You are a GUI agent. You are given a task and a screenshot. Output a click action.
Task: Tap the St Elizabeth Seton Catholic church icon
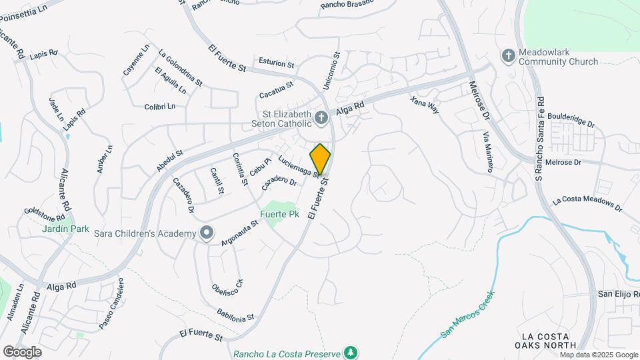click(x=321, y=119)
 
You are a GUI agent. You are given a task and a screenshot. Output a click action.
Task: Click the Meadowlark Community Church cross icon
click(x=508, y=55)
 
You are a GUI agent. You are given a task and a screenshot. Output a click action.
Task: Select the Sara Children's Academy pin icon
click(x=207, y=233)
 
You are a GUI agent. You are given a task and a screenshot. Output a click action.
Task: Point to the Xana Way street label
click(x=425, y=105)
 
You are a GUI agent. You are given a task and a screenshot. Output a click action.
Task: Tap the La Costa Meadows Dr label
click(x=587, y=205)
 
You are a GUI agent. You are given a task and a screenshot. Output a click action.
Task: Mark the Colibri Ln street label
click(x=159, y=106)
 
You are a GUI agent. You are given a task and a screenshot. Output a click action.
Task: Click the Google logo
click(x=22, y=352)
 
